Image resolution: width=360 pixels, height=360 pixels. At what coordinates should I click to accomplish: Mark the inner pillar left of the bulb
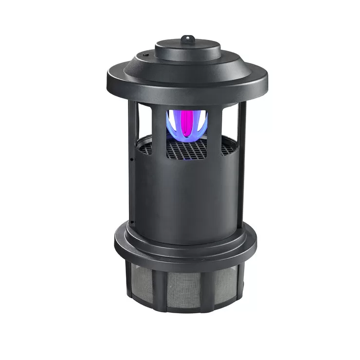[x=159, y=126]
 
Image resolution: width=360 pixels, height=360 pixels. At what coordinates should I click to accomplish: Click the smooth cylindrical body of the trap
[x=187, y=199]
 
